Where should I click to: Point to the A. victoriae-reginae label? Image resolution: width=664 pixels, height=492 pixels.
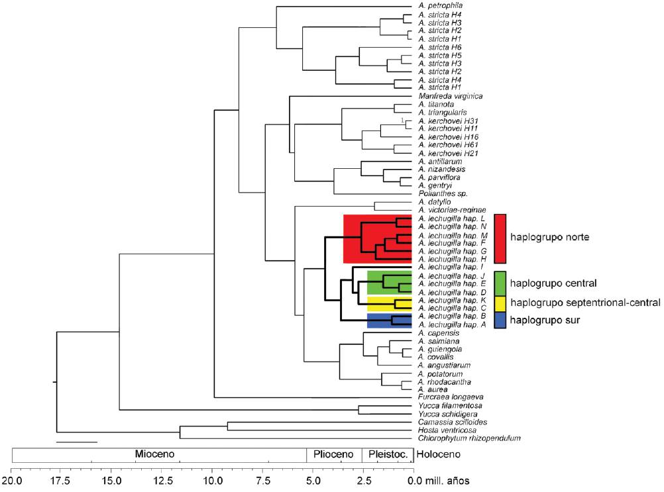[453, 210]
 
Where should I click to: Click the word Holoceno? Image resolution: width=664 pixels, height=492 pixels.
[437, 455]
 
